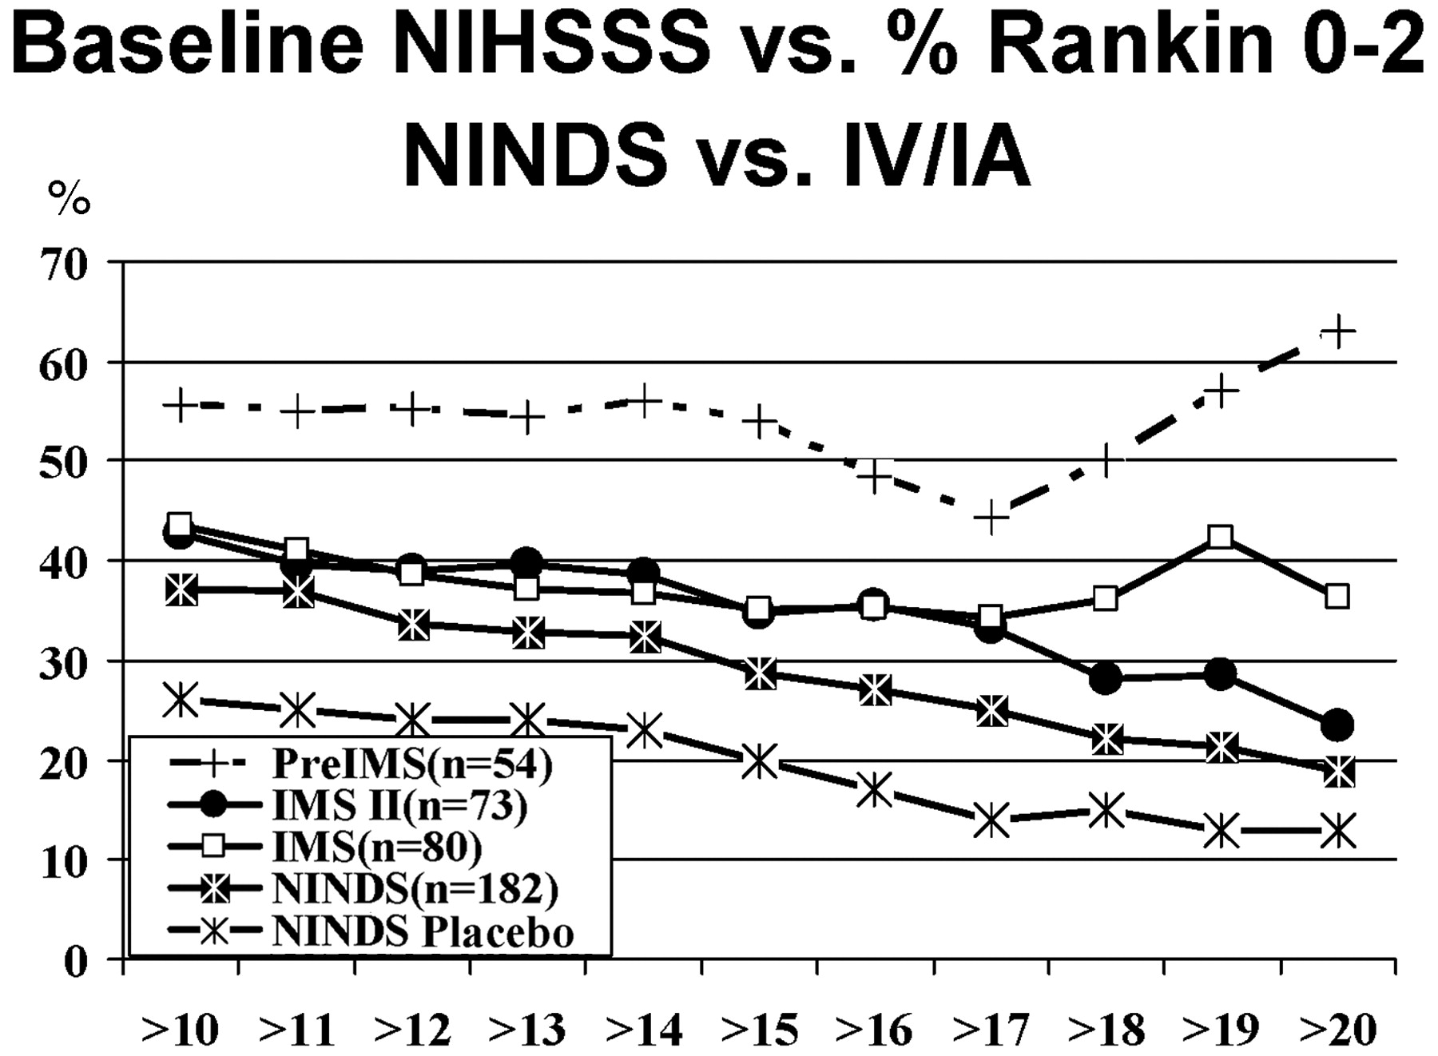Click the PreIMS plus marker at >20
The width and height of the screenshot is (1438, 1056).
(1337, 331)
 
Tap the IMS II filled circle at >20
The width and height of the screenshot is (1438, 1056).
(1337, 725)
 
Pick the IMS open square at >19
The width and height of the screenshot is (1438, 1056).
(1221, 536)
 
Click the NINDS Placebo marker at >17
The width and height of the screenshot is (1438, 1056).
(991, 820)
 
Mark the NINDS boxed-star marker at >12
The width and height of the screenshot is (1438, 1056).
(412, 625)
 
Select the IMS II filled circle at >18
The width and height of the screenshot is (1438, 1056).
(1106, 678)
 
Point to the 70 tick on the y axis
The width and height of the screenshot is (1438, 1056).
(62, 264)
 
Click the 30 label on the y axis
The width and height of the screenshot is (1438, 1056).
(62, 663)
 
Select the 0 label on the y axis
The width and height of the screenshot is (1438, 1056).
(74, 962)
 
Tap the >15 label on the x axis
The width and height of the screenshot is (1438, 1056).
(759, 1030)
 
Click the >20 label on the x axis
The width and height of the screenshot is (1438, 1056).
(1338, 1030)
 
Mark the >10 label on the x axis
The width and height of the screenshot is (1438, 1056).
(180, 1030)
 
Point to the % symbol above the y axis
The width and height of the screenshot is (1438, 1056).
(69, 198)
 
